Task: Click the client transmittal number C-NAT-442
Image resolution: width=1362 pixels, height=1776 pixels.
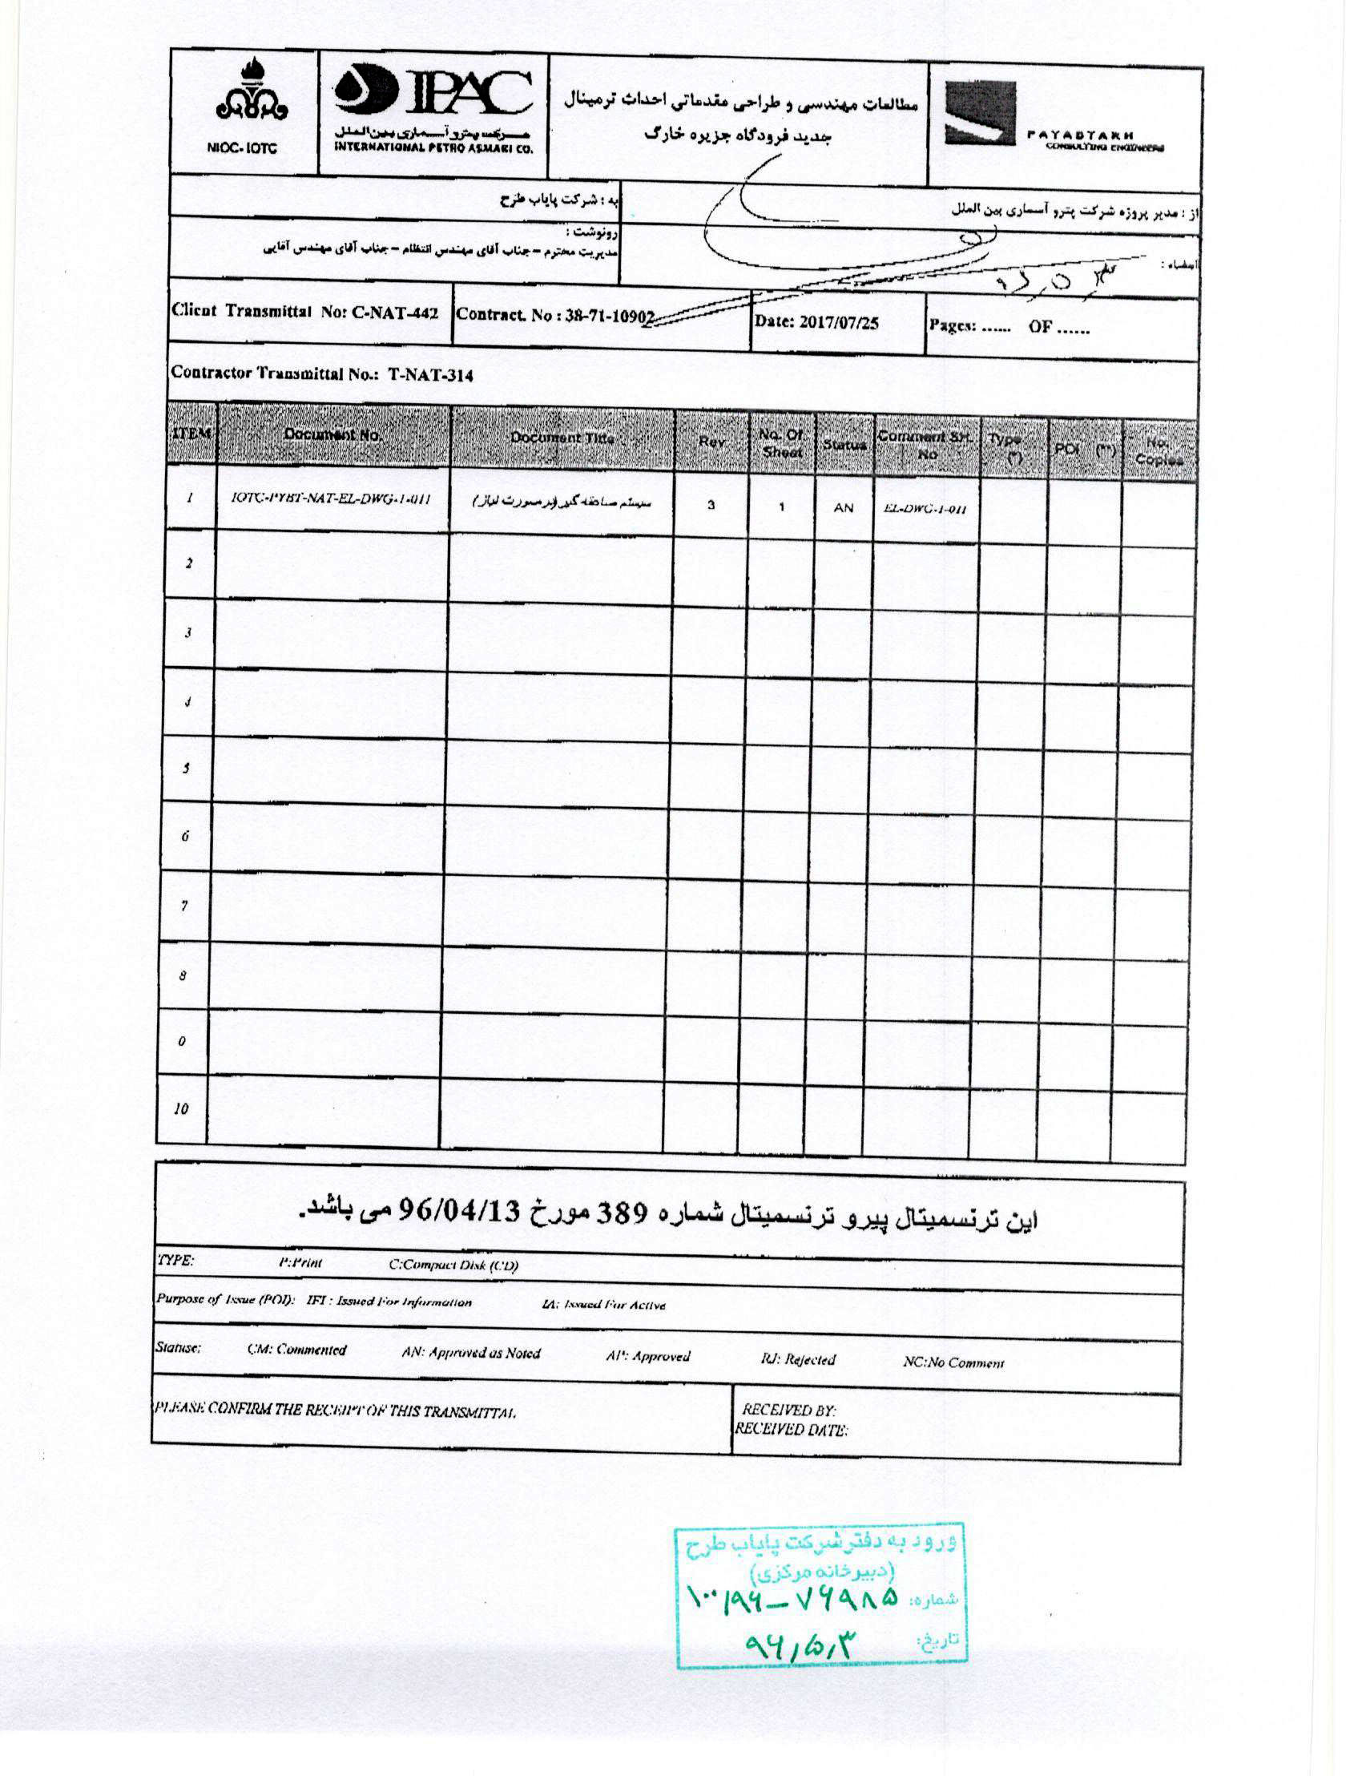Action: (x=395, y=313)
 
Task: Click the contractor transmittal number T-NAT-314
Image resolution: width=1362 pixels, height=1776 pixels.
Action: (x=429, y=374)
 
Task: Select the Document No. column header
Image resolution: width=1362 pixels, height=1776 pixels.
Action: (x=332, y=435)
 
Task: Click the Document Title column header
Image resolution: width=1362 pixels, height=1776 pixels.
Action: (x=562, y=438)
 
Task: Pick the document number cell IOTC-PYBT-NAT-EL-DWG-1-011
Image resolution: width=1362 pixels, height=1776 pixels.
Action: (x=330, y=498)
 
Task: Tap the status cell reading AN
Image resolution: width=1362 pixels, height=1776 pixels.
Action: (x=843, y=507)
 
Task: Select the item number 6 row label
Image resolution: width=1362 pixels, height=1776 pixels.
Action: (x=185, y=836)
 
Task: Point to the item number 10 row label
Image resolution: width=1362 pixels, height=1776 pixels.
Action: (x=181, y=1108)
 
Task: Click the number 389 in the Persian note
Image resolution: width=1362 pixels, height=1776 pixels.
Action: (x=623, y=1213)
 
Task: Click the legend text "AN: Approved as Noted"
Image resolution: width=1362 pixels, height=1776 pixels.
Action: (x=470, y=1353)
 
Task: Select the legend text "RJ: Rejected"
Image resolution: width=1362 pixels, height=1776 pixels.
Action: (x=798, y=1359)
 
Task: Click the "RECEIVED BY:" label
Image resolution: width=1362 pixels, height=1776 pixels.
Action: (x=788, y=1411)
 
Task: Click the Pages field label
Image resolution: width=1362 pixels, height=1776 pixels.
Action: (x=953, y=326)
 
